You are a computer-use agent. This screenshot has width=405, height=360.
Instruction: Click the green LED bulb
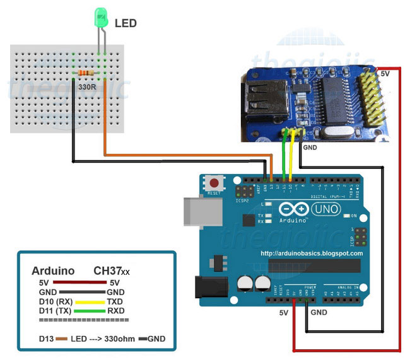(x=101, y=18)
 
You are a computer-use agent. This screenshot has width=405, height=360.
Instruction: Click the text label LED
(x=126, y=23)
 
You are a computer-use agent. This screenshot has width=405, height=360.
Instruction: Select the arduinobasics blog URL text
(x=312, y=253)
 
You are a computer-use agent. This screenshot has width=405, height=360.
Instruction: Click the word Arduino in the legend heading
(x=53, y=271)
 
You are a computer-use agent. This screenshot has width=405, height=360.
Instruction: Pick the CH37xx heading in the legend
(x=112, y=271)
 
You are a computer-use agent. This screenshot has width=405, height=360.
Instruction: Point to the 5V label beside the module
(x=384, y=74)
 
